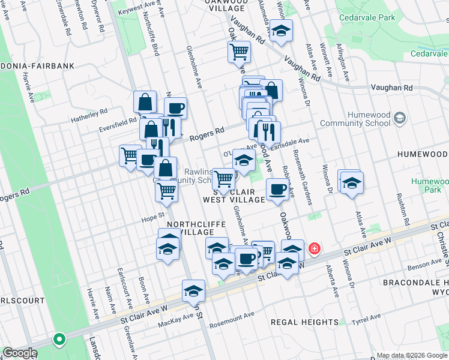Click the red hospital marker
pyautogui.click(x=314, y=248)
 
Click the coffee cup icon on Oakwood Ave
pyautogui.click(x=277, y=190)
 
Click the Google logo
pyautogui.click(x=19, y=353)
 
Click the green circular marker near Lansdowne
pyautogui.click(x=59, y=340)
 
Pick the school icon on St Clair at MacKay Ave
pyautogui.click(x=193, y=291)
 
